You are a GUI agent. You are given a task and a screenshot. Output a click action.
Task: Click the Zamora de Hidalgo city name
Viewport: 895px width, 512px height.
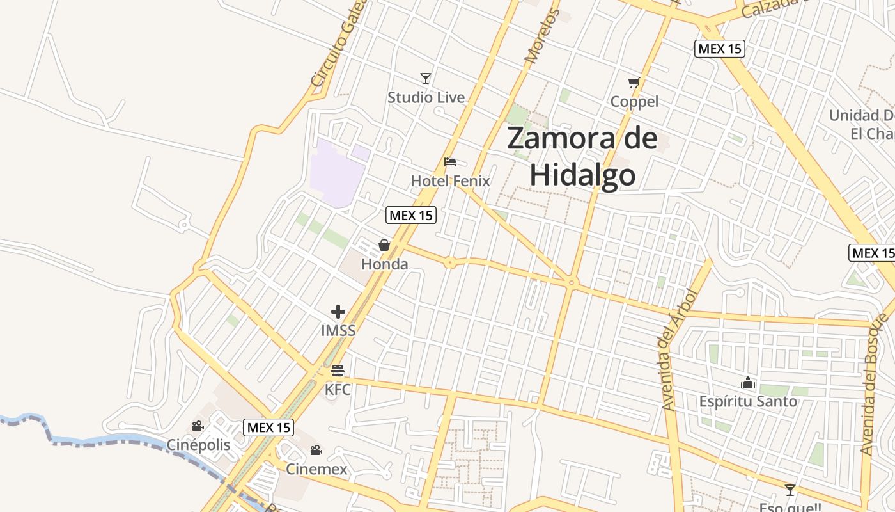582,157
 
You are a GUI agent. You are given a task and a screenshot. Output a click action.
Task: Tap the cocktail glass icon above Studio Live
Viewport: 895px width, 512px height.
426,79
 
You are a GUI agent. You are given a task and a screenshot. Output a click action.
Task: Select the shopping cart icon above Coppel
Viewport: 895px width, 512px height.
634,83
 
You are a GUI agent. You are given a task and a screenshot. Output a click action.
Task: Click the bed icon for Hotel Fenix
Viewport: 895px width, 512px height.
450,162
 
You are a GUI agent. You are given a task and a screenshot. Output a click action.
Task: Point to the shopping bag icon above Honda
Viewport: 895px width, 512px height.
384,245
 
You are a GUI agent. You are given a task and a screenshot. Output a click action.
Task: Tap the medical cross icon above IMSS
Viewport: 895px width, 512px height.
338,312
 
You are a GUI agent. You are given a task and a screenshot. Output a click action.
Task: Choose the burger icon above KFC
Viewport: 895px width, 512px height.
338,371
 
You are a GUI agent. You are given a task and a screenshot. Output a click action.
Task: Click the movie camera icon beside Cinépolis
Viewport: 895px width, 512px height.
198,426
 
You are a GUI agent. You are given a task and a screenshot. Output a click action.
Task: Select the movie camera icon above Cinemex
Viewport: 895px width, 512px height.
316,451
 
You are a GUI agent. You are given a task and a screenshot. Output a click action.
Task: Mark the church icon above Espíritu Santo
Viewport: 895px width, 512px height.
747,383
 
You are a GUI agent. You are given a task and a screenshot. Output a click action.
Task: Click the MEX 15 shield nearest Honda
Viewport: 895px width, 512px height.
411,215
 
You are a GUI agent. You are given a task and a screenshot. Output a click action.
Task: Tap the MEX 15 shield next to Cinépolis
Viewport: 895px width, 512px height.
268,427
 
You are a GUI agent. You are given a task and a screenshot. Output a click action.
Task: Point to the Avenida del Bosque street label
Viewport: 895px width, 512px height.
875,384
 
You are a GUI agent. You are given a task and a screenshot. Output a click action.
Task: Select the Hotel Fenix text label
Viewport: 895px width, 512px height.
450,181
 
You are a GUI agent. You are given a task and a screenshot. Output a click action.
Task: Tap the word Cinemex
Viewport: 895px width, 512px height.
316,469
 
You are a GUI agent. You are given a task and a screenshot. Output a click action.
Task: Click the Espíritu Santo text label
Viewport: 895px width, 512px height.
748,402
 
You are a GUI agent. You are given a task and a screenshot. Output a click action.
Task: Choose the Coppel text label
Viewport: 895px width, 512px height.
634,102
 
